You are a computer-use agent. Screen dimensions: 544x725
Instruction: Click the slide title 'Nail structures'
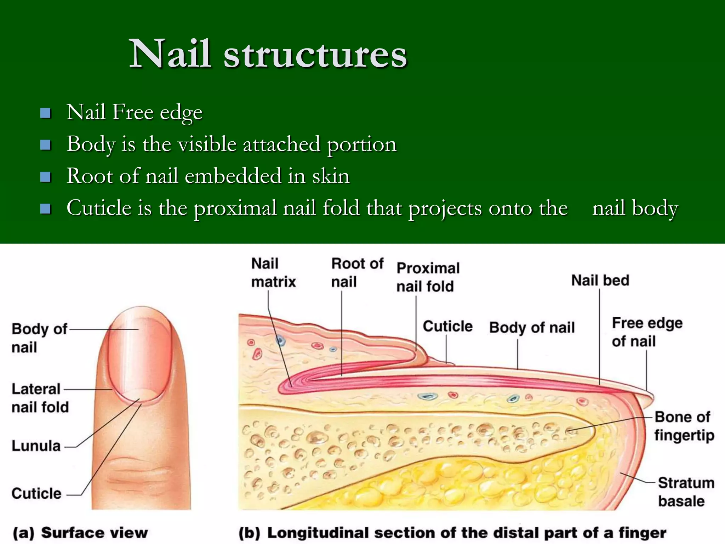click(x=268, y=54)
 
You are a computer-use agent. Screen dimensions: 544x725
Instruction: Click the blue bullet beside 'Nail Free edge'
click(x=46, y=113)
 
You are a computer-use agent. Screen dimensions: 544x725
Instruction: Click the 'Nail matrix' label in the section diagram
click(x=273, y=273)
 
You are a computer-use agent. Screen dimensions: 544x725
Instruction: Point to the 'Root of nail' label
click(x=357, y=273)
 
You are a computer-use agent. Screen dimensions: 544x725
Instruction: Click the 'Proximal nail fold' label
click(x=427, y=277)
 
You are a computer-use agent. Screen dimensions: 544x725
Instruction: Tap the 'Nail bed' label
click(x=600, y=280)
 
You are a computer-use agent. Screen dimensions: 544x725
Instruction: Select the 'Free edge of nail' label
click(x=646, y=332)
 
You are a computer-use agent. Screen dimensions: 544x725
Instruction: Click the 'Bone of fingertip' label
click(x=683, y=426)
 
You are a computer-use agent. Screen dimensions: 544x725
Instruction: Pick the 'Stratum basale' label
click(x=685, y=492)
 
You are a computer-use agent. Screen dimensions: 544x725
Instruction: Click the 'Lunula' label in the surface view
click(x=36, y=446)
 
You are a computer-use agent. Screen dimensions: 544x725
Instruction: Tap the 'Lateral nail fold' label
click(x=40, y=398)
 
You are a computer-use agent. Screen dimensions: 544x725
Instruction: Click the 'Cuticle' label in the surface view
click(x=36, y=493)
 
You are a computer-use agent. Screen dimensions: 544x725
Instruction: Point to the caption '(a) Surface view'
click(x=80, y=533)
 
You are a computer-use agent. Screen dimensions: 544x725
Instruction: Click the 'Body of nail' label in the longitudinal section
click(x=531, y=328)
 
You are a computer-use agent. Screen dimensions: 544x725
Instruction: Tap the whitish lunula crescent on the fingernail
click(x=141, y=394)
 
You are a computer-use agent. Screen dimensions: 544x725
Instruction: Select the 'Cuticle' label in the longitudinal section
click(x=447, y=326)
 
